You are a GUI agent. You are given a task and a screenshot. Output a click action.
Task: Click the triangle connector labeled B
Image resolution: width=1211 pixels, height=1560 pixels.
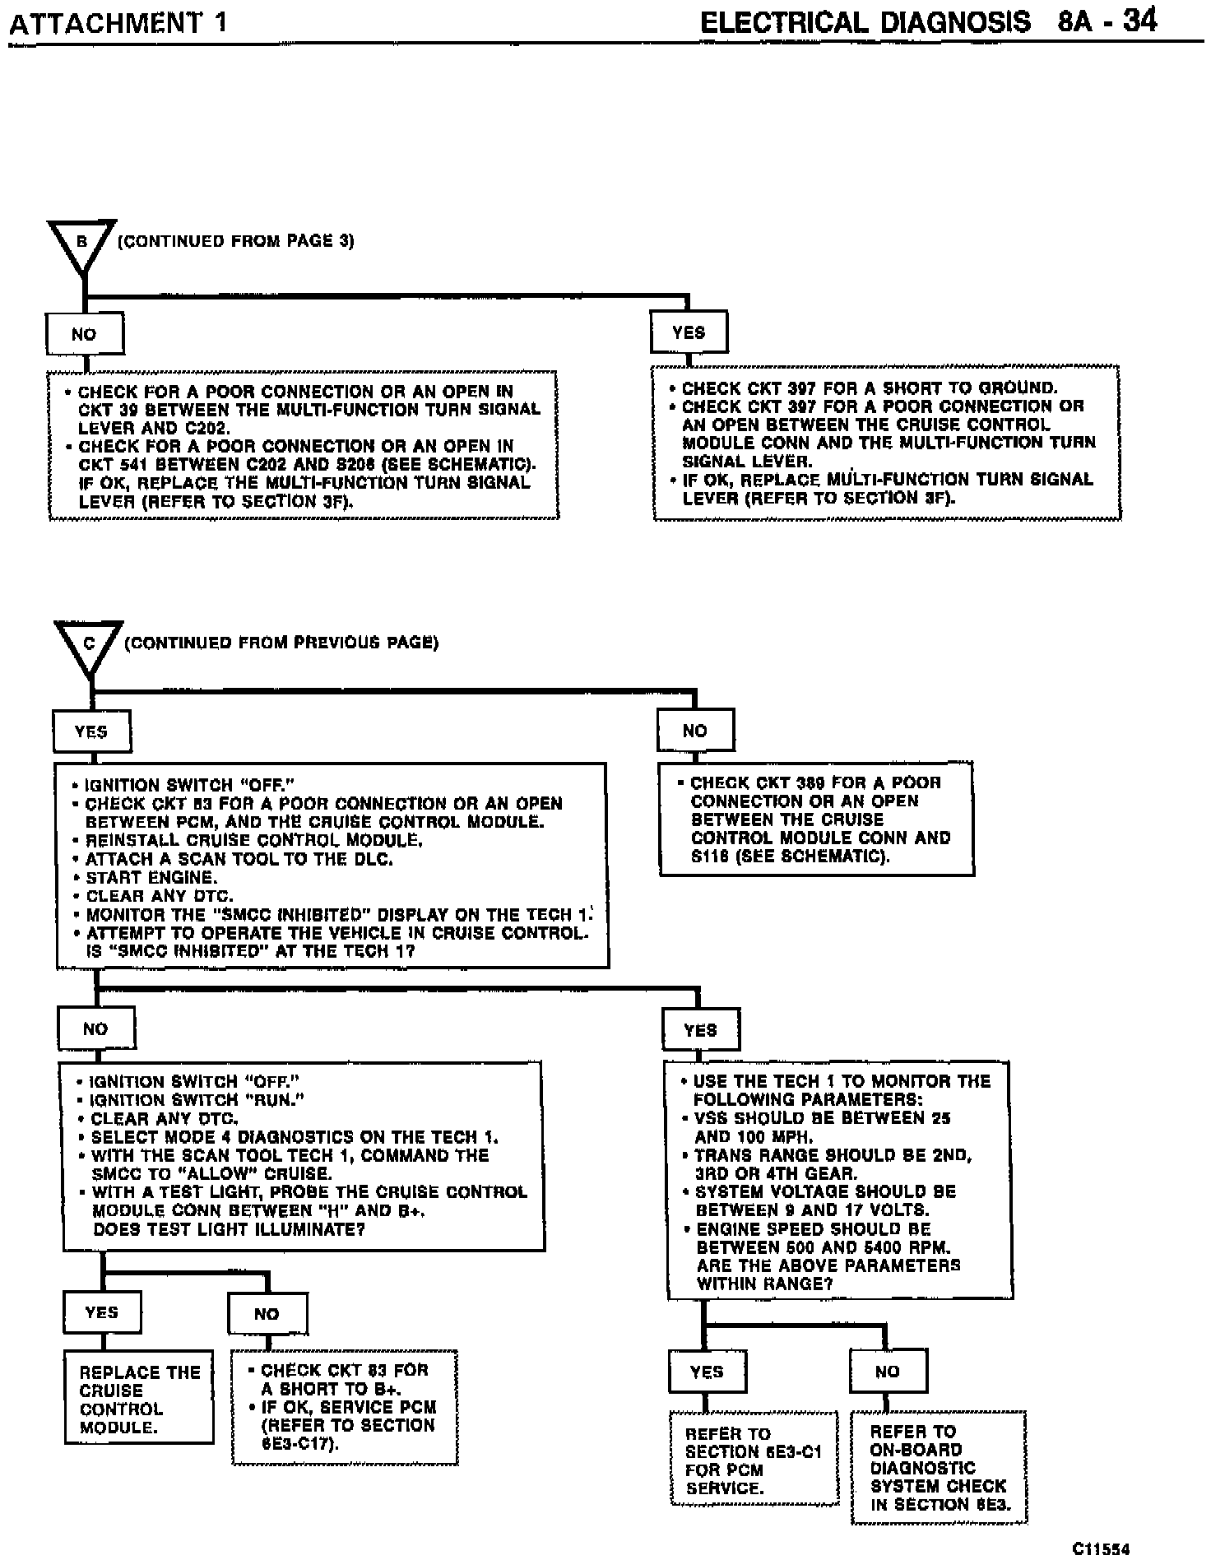pos(82,244)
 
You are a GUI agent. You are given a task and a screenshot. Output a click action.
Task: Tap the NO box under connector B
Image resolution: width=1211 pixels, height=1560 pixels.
pos(84,335)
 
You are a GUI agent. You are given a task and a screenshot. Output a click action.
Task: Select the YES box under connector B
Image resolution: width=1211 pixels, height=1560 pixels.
pos(689,332)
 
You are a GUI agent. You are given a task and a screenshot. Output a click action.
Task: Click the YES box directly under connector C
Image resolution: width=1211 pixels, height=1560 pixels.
pos(91,731)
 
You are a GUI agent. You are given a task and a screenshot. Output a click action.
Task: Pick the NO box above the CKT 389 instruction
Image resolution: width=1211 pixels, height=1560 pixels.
pos(695,731)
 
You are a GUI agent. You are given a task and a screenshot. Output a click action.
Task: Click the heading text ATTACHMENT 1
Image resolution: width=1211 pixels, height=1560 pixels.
pos(117,23)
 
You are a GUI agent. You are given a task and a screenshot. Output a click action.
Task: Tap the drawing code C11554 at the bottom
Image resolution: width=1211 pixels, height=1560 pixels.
pos(1100,1548)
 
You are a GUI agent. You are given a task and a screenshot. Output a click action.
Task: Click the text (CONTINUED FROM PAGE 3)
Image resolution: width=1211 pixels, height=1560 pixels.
pos(235,242)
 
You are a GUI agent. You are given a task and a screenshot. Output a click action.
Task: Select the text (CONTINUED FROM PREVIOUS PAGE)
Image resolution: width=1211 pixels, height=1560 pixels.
pos(281,643)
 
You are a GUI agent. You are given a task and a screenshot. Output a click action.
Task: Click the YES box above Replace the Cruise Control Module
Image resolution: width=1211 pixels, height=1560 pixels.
pos(102,1312)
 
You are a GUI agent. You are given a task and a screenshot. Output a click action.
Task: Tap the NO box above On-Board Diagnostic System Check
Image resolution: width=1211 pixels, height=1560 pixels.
pos(888,1372)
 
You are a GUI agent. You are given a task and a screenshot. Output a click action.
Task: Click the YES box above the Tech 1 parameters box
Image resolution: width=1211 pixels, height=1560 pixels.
pos(701,1030)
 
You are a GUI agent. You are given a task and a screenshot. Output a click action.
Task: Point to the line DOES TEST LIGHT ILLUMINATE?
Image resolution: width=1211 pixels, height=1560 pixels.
pos(230,1229)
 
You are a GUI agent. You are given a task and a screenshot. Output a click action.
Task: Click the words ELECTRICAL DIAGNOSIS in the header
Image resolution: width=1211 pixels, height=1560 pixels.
pos(865,21)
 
